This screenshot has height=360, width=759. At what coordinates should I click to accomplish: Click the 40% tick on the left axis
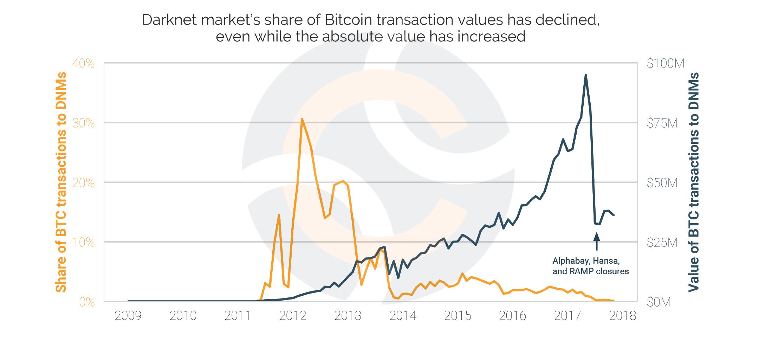[x=83, y=64]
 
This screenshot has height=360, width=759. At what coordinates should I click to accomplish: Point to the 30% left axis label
[x=83, y=123]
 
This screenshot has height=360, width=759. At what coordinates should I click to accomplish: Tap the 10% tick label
[x=83, y=243]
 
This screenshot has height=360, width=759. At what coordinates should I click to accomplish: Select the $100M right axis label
[x=665, y=64]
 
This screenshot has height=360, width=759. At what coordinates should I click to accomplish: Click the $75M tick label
[x=662, y=123]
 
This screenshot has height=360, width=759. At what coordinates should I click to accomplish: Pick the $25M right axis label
[x=662, y=243]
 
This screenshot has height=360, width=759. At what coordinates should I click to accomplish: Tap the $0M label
[x=659, y=302]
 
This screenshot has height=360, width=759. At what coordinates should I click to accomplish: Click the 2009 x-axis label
[x=128, y=316]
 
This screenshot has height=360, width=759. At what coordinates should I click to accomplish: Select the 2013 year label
[x=348, y=316]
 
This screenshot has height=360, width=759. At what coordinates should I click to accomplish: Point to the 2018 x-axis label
[x=622, y=316]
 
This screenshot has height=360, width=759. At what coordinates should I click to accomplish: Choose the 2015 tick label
[x=458, y=316]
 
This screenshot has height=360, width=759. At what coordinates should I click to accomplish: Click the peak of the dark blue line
[x=585, y=75]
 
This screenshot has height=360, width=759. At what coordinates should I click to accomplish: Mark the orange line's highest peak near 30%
[x=302, y=119]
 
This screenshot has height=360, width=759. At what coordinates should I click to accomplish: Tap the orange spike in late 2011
[x=279, y=215]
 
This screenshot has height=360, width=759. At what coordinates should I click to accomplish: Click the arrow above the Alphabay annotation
[x=596, y=241]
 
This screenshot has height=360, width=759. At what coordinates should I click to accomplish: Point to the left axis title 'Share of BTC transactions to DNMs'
[x=61, y=182]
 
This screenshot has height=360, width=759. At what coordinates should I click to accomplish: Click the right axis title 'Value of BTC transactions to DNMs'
[x=694, y=182]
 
